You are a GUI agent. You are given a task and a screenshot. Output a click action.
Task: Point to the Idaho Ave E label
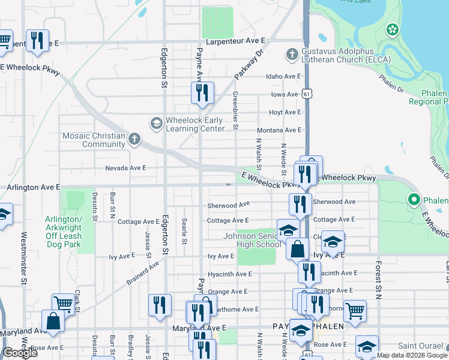point(283,76)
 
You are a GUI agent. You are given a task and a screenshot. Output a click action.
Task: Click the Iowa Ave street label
point(284,94)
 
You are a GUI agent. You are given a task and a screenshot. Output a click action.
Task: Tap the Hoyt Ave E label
point(285,112)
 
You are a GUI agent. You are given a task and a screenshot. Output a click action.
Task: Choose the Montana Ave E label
point(279,130)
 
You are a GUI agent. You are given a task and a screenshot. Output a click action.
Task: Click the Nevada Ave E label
point(125,168)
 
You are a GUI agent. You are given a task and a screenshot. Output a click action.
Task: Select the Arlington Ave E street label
point(33,188)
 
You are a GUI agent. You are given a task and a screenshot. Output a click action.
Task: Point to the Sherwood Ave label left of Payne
point(228,205)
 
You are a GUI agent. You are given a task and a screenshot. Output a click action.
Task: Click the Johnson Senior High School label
point(252,240)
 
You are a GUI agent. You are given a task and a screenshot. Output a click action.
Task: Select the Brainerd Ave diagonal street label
point(143,272)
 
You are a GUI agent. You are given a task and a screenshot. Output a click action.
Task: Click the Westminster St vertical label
point(24,257)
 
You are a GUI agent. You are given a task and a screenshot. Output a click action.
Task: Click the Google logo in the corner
point(20,353)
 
